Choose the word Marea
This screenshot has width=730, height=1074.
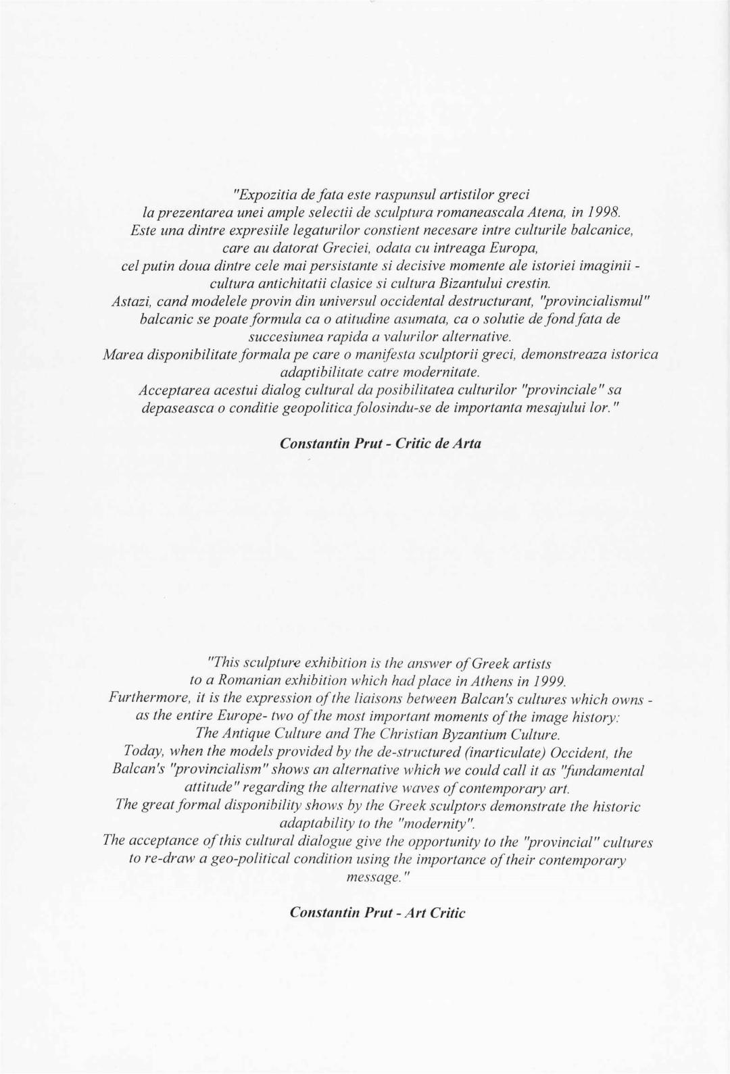tap(121, 354)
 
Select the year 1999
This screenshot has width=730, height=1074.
tap(546, 680)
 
